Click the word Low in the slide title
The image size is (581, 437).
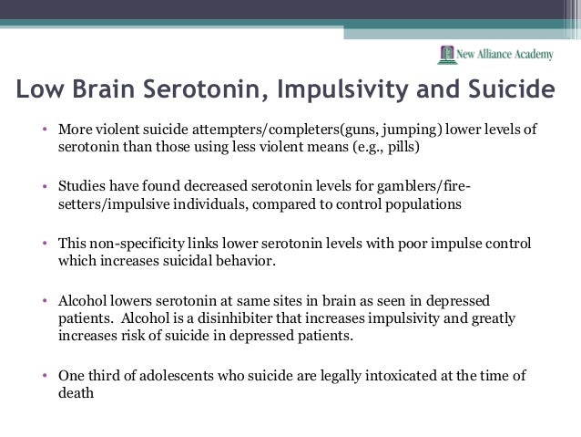point(37,92)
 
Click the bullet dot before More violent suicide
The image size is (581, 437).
point(44,130)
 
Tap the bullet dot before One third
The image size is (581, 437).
point(44,375)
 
